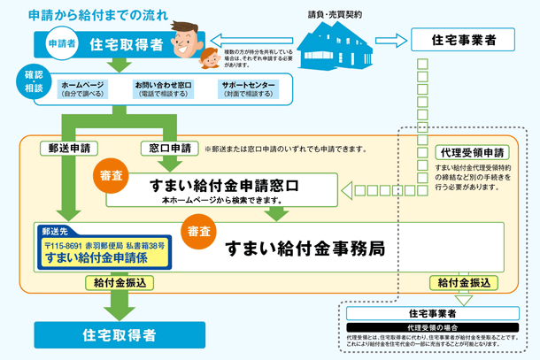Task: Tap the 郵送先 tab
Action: click(56, 229)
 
